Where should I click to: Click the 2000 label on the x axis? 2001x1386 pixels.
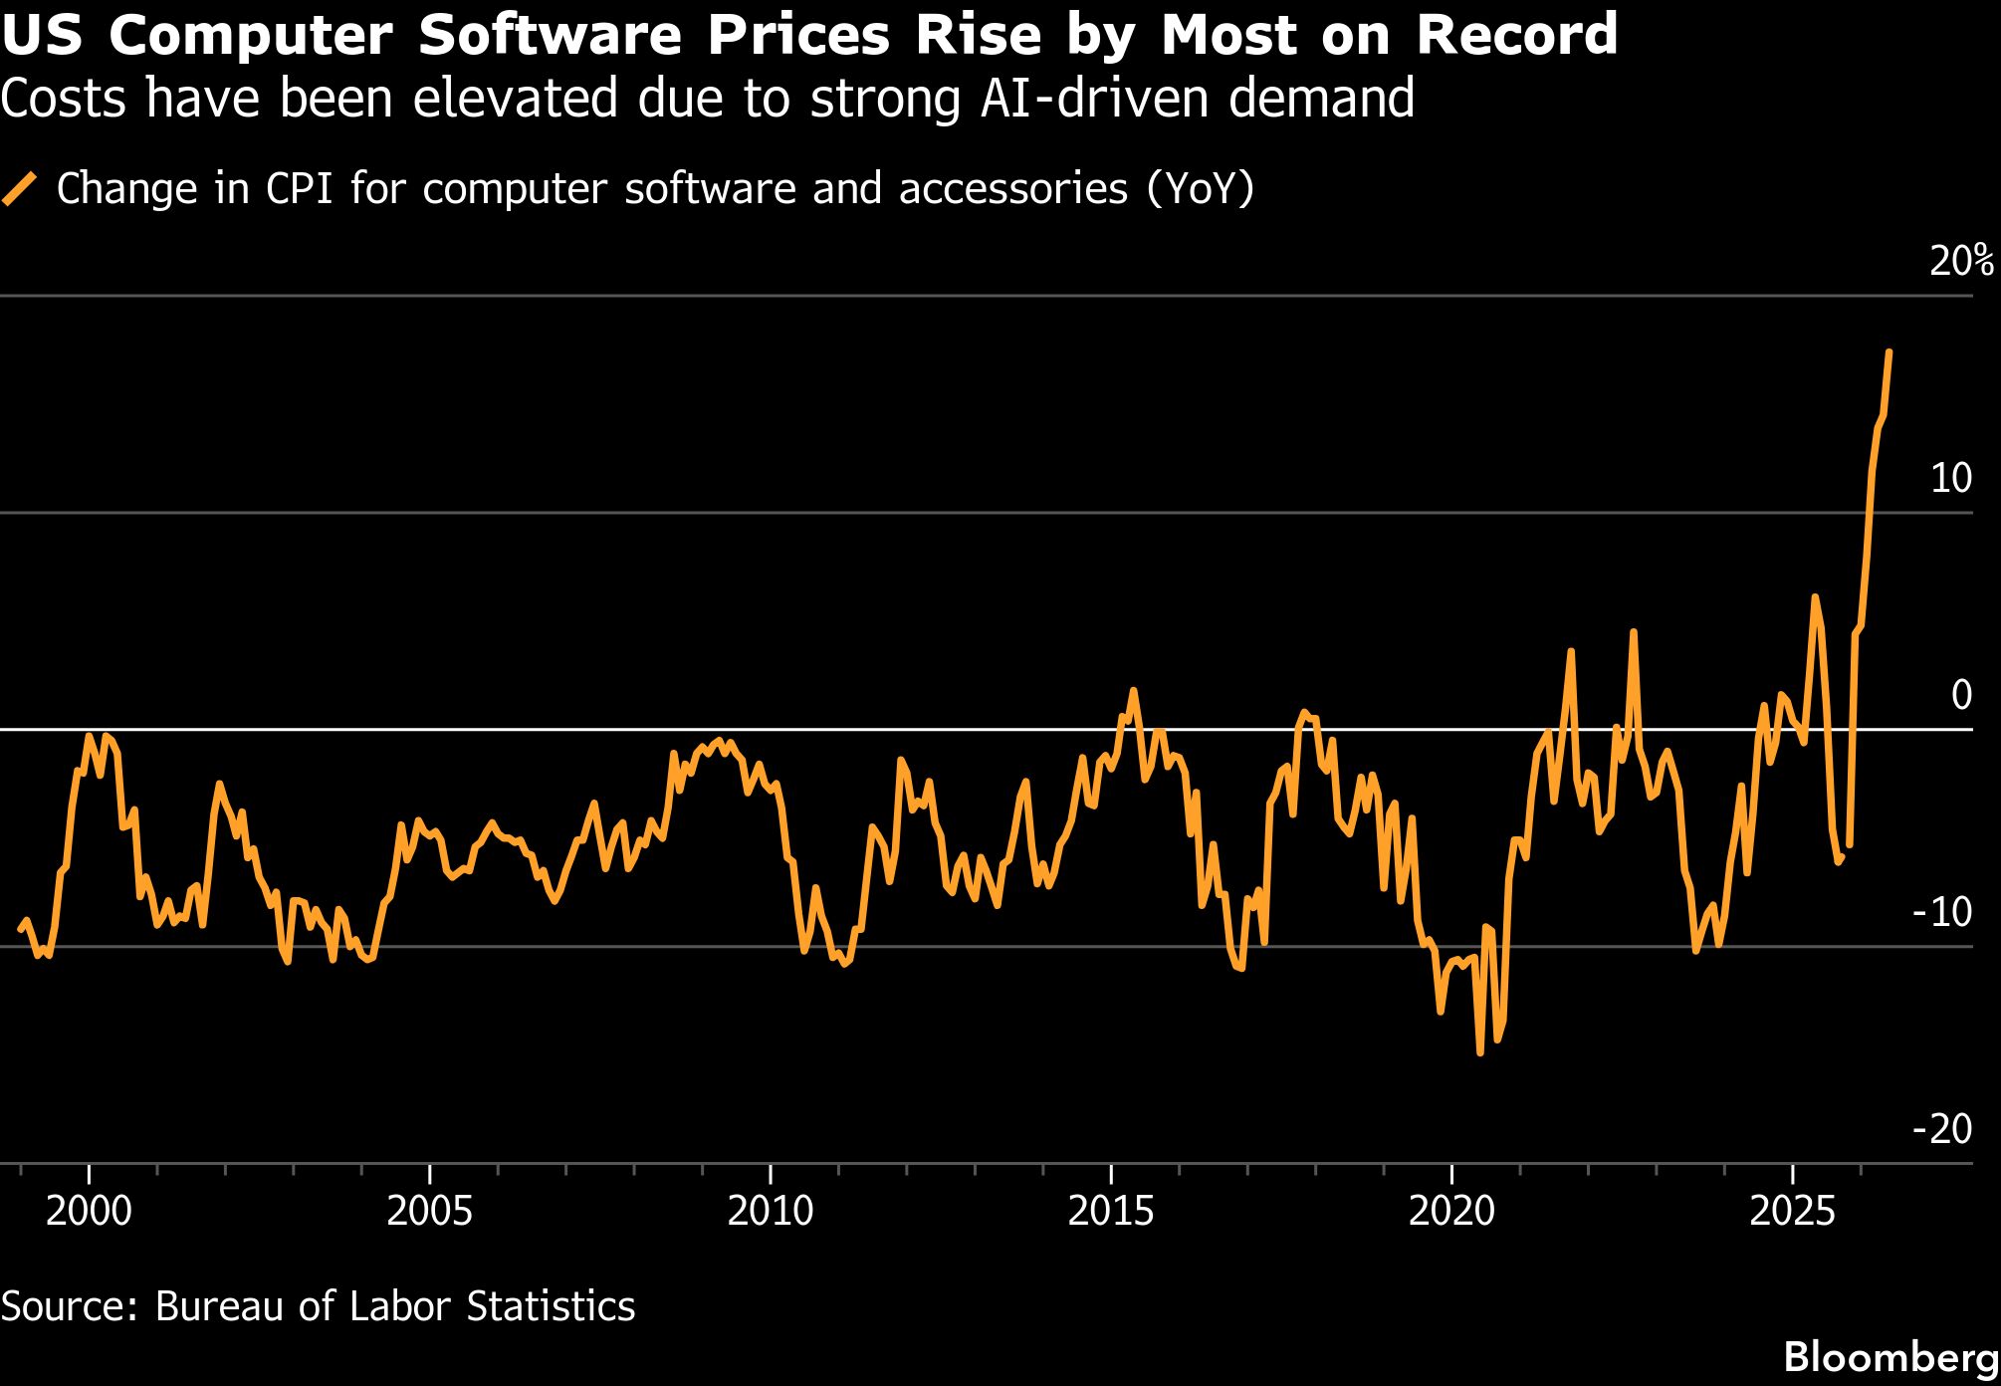89,1211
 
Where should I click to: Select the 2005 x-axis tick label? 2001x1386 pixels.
429,1211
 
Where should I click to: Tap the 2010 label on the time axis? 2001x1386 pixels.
771,1211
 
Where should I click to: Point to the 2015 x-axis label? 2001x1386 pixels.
1111,1211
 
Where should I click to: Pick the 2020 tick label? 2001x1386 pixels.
1451,1211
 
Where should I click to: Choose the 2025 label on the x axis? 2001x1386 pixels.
1792,1211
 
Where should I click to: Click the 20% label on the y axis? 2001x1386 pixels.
1961,261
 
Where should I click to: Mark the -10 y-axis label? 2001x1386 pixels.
1942,912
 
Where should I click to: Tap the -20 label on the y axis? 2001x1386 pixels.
1942,1129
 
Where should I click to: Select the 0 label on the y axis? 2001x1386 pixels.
1962,695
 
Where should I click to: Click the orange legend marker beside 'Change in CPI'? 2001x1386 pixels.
20,188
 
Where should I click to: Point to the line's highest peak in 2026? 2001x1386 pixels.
1889,351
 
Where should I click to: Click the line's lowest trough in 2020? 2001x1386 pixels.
1480,1051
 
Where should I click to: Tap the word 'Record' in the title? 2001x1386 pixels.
1517,35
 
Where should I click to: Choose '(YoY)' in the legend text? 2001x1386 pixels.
1201,188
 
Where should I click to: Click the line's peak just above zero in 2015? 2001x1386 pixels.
1133,690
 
